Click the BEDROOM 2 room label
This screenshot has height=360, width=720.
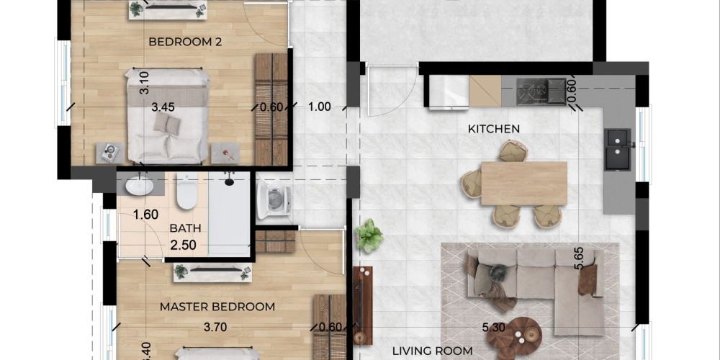[185, 42]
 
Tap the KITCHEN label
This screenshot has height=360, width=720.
[494, 129]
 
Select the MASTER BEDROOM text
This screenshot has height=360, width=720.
[217, 307]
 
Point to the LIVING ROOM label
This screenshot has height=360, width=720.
[432, 351]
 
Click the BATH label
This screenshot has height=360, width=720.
[186, 228]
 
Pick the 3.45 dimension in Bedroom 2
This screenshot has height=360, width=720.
[163, 107]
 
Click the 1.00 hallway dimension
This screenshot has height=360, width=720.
[319, 107]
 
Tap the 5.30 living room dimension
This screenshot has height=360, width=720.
[494, 328]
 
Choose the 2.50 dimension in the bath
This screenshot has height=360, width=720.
[183, 246]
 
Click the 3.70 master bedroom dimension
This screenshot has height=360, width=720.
[215, 328]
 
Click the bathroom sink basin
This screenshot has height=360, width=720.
[140, 186]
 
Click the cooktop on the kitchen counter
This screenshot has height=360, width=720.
[541, 92]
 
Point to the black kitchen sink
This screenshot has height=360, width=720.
[618, 149]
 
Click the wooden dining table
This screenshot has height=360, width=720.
[524, 183]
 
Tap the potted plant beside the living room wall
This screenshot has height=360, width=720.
[369, 235]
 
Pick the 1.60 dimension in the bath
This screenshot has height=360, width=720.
[145, 215]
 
